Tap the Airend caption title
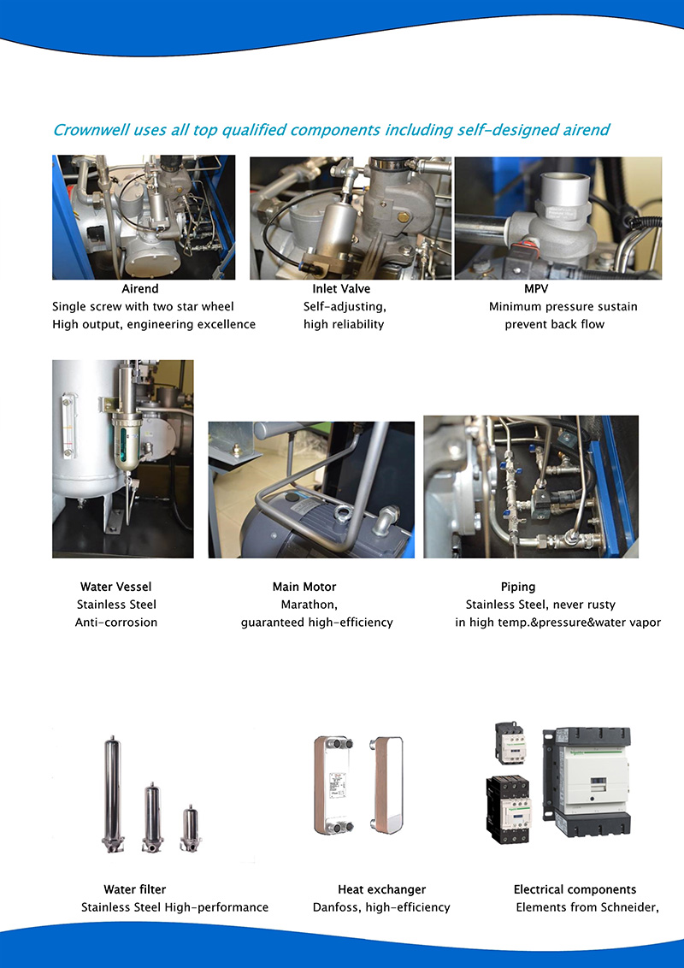pyautogui.click(x=140, y=288)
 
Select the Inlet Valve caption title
pyautogui.click(x=341, y=288)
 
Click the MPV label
pyautogui.click(x=536, y=288)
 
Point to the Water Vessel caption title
pyautogui.click(x=115, y=587)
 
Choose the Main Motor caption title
pyautogui.click(x=304, y=587)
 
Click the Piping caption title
pyautogui.click(x=518, y=587)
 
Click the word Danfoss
pyautogui.click(x=337, y=907)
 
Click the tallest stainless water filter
pyautogui.click(x=112, y=794)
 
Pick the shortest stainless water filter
pyautogui.click(x=191, y=829)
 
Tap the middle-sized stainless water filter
pyautogui.click(x=152, y=818)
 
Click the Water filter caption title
pyautogui.click(x=134, y=889)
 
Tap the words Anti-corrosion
pyautogui.click(x=116, y=623)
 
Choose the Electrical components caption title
pyautogui.click(x=575, y=889)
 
